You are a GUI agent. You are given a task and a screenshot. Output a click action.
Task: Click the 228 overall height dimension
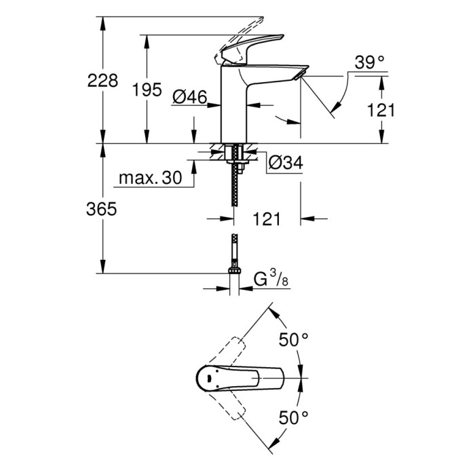[x=102, y=81]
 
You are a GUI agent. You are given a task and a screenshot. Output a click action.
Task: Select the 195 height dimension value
[x=147, y=89]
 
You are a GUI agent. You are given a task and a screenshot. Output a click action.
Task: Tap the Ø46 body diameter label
[x=189, y=98]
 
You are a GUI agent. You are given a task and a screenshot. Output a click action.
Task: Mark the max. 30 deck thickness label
[x=151, y=178]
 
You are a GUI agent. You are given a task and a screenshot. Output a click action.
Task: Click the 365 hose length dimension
[x=102, y=210]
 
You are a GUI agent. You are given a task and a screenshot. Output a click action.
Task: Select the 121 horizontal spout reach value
[x=267, y=218]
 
